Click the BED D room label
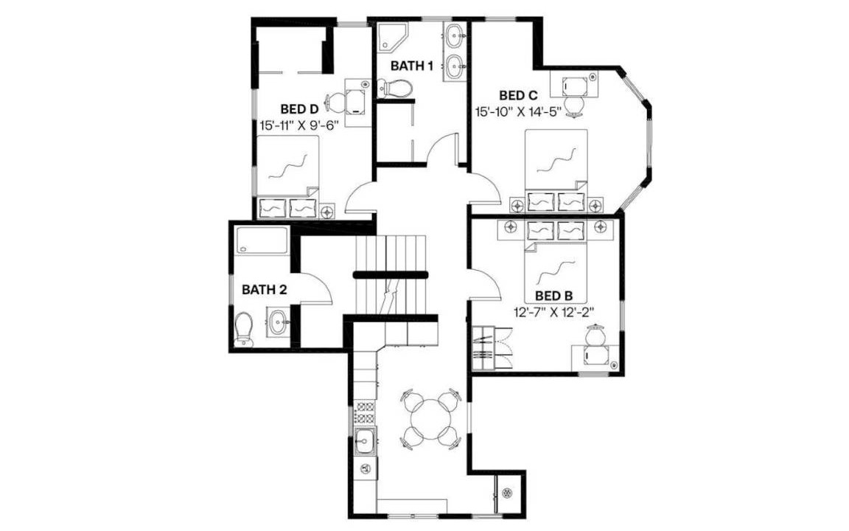pos(299,108)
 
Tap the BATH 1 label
pos(411,66)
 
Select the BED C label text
pos(518,95)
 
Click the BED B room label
pos(553,296)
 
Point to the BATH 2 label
pos(265,289)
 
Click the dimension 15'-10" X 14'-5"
pos(518,111)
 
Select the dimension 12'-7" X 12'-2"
pos(554,311)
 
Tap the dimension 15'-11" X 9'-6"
pos(299,125)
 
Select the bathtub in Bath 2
pos(262,240)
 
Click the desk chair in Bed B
pos(595,334)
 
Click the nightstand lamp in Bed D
pos(326,212)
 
